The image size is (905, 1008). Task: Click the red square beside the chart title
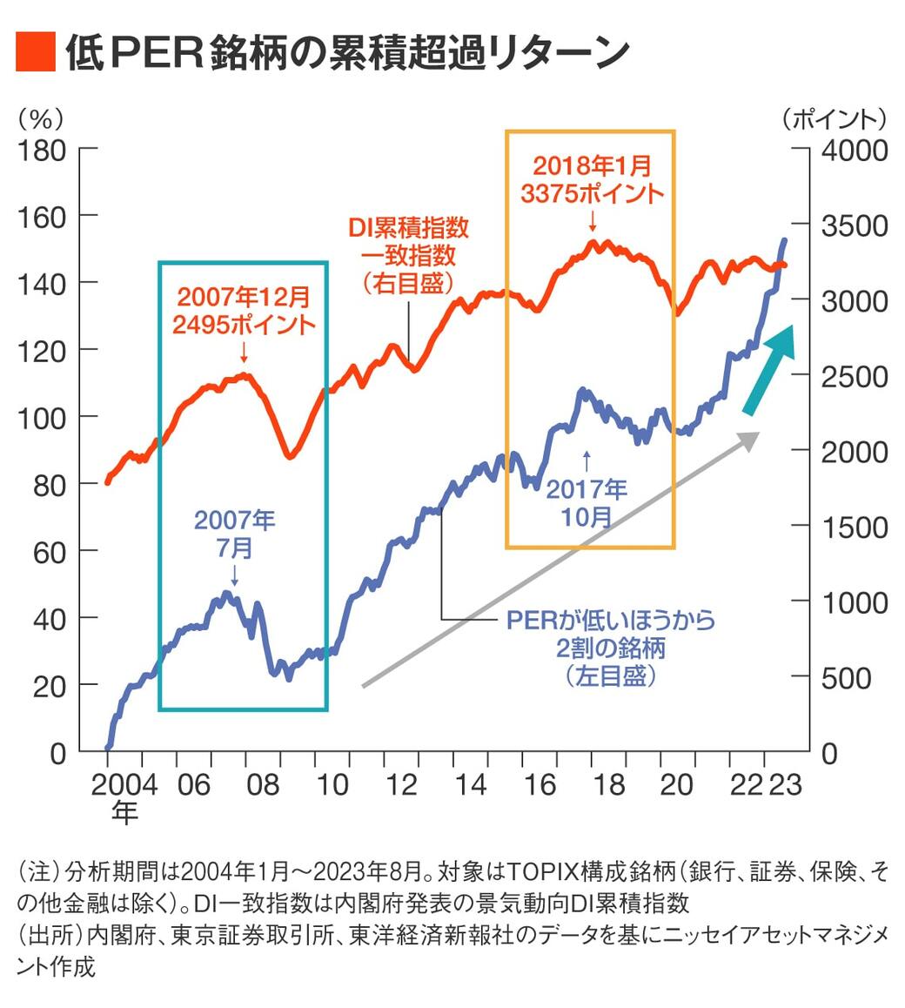[x=35, y=52]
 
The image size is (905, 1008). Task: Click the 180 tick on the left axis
[x=42, y=150]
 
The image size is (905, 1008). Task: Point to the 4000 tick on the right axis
[x=855, y=150]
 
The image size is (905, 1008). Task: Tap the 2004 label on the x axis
[x=124, y=784]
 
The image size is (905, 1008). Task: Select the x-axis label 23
[x=785, y=784]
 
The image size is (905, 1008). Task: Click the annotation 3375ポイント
[x=592, y=193]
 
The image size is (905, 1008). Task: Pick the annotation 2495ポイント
[x=244, y=325]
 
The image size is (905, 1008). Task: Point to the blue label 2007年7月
[x=234, y=534]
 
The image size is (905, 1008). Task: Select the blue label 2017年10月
[x=587, y=502]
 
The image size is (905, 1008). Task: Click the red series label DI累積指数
[x=409, y=227]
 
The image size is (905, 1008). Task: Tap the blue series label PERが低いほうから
[x=611, y=620]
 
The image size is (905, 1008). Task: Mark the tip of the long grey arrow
[x=755, y=434]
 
